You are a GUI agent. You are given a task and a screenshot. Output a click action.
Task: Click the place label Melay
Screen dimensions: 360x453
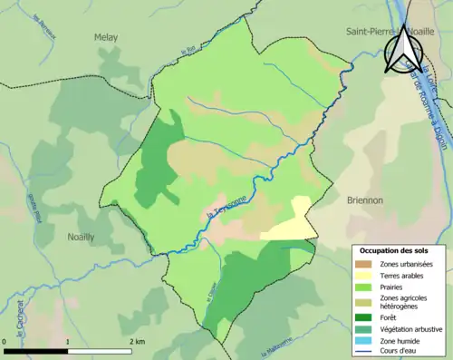[x=106, y=37]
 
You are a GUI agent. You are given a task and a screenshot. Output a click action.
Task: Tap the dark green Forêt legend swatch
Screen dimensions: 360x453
[x=367, y=316]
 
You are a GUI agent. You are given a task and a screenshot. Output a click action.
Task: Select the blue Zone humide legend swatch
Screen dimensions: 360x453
[x=367, y=339]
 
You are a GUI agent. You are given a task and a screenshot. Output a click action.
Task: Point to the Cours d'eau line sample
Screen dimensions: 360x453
[x=367, y=351]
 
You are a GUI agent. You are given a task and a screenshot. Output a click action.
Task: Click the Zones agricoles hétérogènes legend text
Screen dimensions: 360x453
[x=405, y=301]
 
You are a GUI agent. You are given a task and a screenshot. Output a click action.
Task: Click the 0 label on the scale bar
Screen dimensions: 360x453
[x=5, y=342]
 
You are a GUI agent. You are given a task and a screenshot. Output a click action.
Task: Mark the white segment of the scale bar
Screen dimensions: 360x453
[x=101, y=351]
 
